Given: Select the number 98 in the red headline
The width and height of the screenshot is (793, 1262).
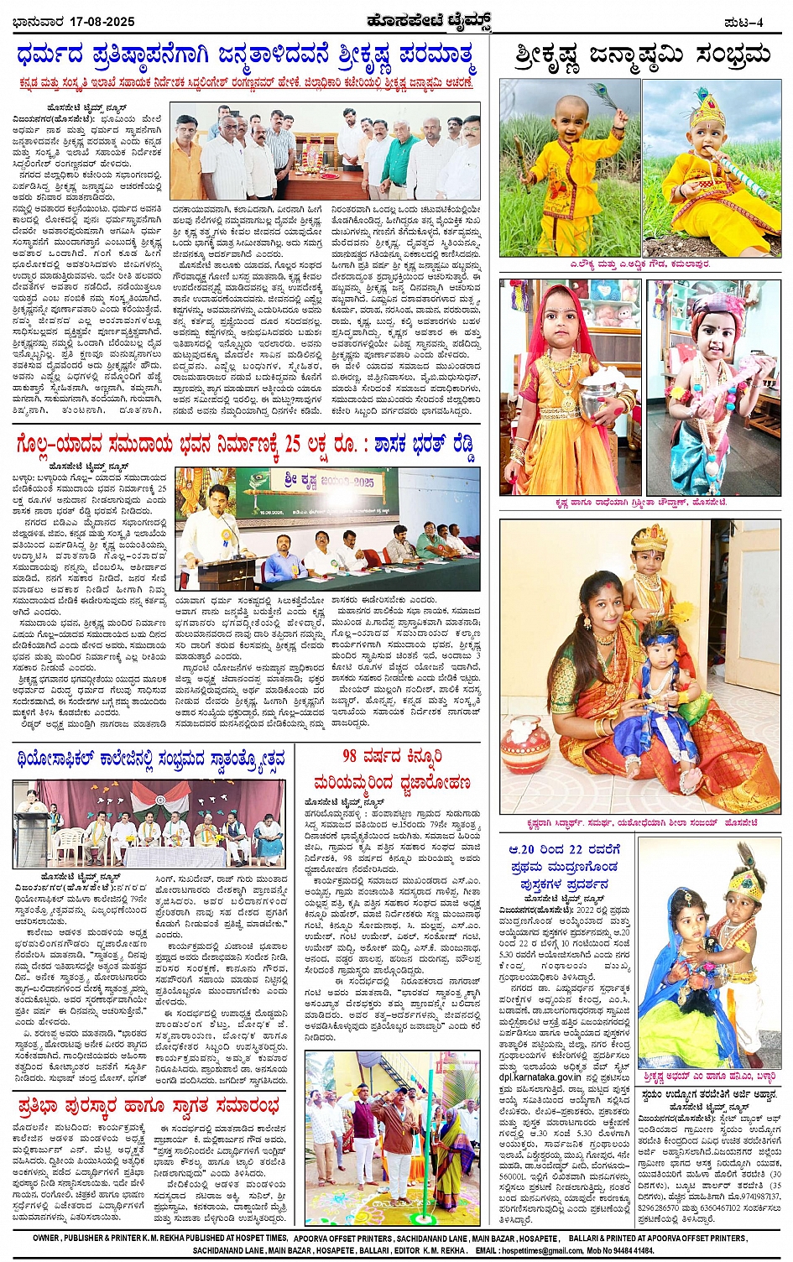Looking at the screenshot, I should [x=351, y=756].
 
